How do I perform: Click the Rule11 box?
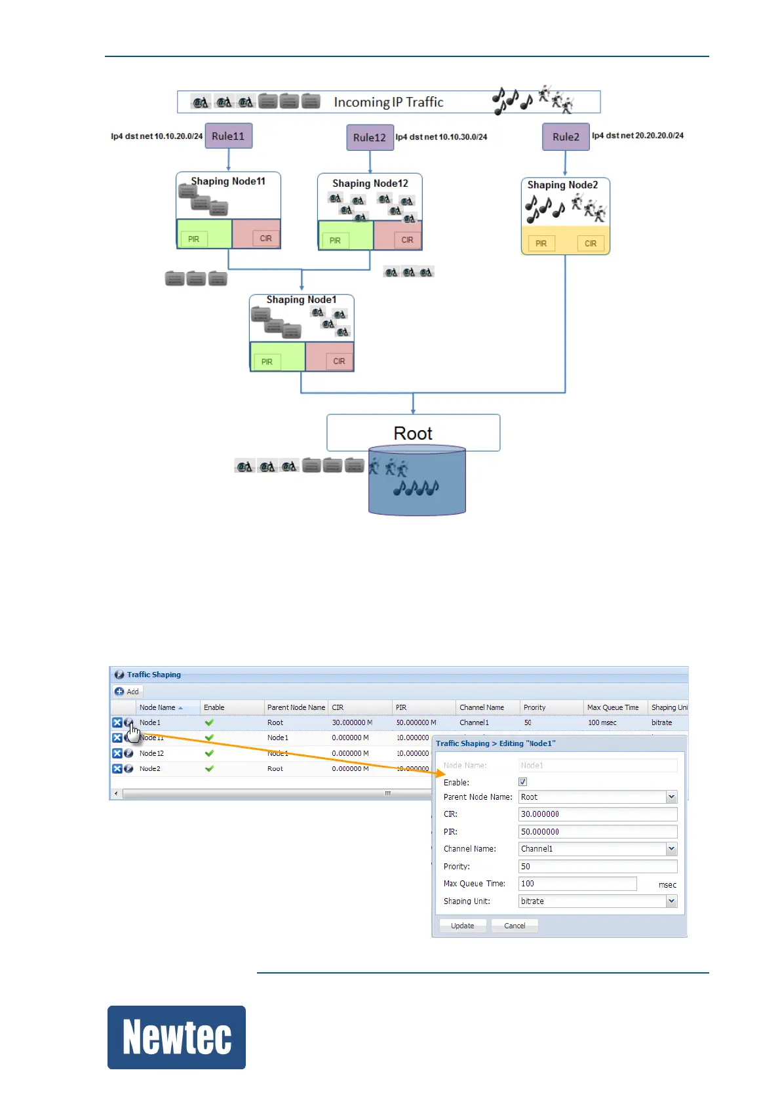point(228,136)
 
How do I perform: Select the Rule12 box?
point(370,138)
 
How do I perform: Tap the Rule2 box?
point(566,137)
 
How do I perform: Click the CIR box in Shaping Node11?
point(265,239)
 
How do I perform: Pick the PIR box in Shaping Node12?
point(335,241)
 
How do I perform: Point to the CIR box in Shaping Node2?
point(591,244)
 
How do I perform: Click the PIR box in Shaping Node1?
point(267,362)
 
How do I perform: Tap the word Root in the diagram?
point(413,433)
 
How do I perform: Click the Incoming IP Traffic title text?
point(388,102)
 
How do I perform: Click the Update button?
point(462,926)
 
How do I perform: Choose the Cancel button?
point(515,926)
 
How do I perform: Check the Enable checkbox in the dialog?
point(522,782)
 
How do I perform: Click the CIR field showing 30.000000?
point(597,814)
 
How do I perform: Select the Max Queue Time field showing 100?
point(577,884)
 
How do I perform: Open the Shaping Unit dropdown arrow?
point(671,901)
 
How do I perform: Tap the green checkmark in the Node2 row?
point(209,768)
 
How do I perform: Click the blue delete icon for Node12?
point(117,753)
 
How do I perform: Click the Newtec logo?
point(176,1037)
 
